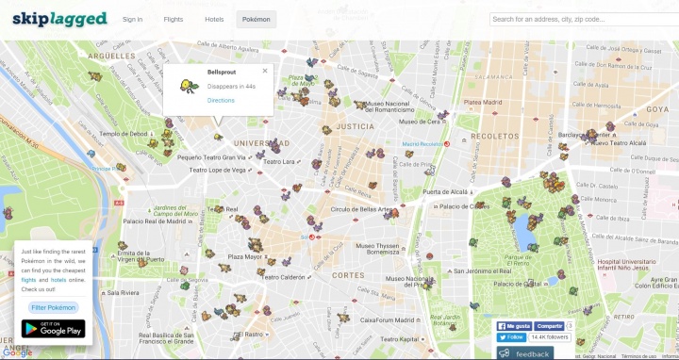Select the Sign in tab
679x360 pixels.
(x=133, y=19)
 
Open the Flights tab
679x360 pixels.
(x=174, y=19)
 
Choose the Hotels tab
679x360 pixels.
(x=214, y=19)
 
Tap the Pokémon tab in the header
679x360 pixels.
(x=257, y=19)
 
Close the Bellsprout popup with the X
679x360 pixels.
(x=265, y=71)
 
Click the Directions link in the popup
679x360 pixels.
(x=221, y=100)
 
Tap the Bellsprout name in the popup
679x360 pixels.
(x=222, y=72)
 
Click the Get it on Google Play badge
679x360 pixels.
(x=53, y=329)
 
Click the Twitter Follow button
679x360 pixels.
(x=512, y=336)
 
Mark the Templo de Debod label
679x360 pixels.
(x=124, y=134)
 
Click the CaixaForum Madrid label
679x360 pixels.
(x=373, y=321)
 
